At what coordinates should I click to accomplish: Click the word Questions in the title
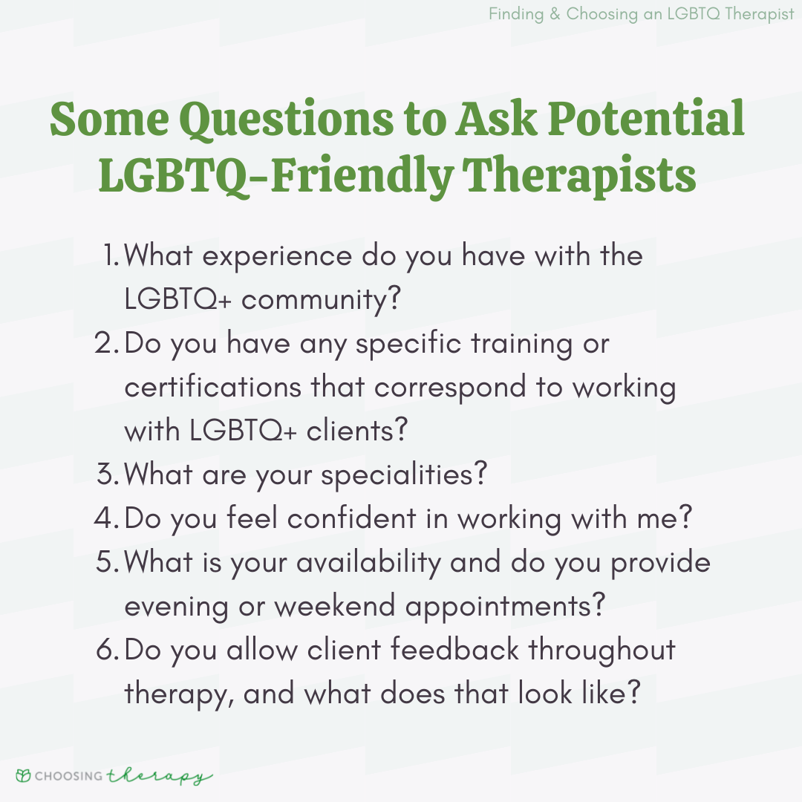(x=287, y=120)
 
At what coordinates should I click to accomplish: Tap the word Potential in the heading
(x=646, y=118)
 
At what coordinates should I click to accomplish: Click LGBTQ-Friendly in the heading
(x=276, y=175)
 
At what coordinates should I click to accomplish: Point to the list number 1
(x=111, y=255)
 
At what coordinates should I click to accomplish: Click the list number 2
(x=107, y=342)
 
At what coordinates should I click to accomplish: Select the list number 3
(x=108, y=474)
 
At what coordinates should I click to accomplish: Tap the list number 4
(x=107, y=517)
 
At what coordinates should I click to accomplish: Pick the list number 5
(x=108, y=561)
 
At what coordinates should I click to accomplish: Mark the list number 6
(x=108, y=649)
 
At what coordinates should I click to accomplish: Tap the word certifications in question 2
(x=213, y=386)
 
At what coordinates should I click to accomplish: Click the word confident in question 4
(x=352, y=518)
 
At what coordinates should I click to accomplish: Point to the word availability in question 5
(x=368, y=563)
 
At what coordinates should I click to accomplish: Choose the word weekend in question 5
(x=335, y=606)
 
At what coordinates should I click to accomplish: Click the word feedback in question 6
(x=455, y=649)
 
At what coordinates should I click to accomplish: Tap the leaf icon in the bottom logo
(x=23, y=775)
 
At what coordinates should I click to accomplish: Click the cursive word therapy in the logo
(x=160, y=777)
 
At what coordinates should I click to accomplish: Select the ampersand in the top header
(x=555, y=14)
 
